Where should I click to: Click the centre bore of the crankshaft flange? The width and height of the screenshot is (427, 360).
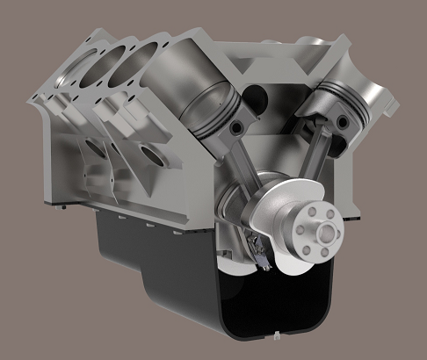[328, 234]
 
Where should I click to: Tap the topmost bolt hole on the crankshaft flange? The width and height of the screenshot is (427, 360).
[319, 215]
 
